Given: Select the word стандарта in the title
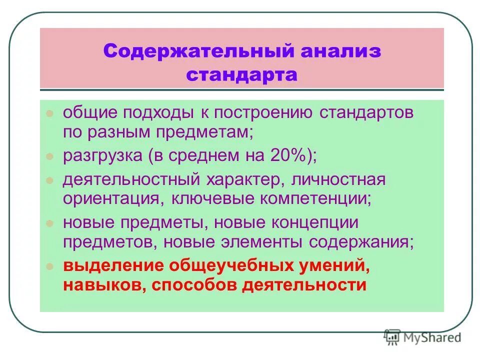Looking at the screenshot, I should pos(242,75).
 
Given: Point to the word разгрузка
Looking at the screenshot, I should pos(103,155).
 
